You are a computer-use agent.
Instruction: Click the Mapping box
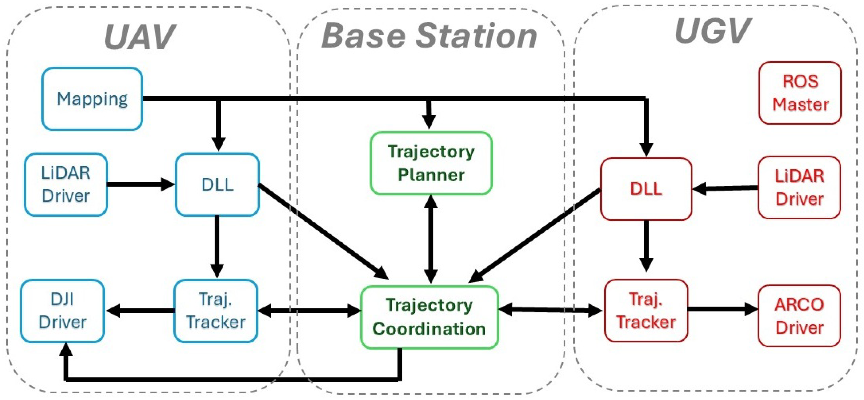pos(92,99)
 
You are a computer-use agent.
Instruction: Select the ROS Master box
pos(800,93)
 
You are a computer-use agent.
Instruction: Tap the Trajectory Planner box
pos(431,163)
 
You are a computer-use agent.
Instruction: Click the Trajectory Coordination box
pos(429,317)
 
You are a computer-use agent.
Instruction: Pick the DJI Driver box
pos(62,311)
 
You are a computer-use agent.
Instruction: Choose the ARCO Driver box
pos(799,316)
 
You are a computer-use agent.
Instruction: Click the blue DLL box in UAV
pos(217,185)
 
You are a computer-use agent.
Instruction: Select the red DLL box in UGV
pos(646,189)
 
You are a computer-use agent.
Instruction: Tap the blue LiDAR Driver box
pos(66,185)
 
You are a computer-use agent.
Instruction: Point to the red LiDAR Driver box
pos(799,187)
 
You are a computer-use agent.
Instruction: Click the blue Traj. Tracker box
pos(216,311)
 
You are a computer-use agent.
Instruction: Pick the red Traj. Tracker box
pos(646,311)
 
